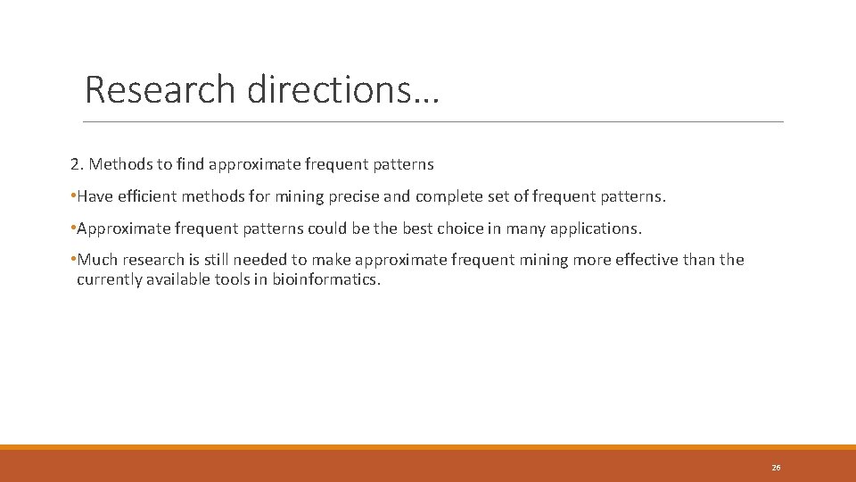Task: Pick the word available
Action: tap(178, 279)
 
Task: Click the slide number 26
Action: tap(776, 468)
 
